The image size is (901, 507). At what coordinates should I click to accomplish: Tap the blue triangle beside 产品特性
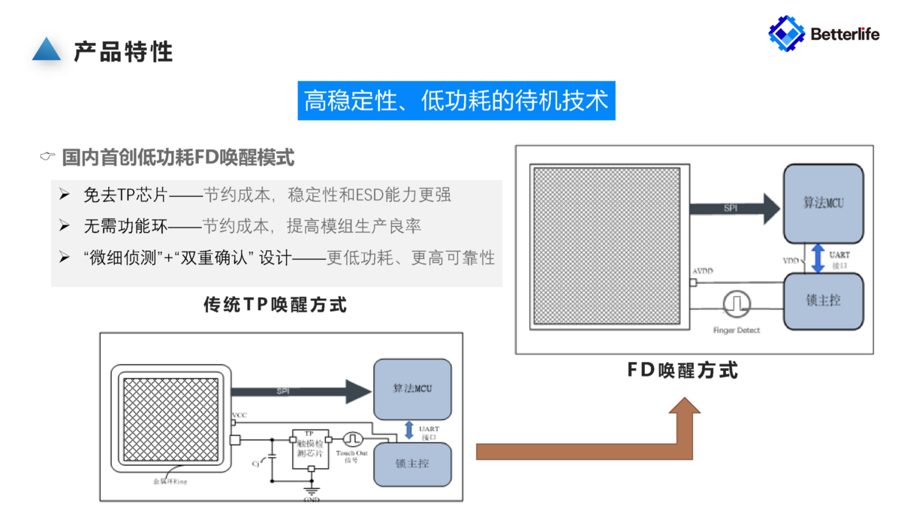47,50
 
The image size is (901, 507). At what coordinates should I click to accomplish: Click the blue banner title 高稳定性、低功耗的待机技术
456,101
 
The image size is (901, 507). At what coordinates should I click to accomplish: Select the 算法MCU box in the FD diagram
823,204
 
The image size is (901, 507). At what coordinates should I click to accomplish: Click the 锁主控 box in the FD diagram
823,300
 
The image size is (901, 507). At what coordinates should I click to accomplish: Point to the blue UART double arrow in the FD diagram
818,258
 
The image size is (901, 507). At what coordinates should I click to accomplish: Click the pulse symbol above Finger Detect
737,303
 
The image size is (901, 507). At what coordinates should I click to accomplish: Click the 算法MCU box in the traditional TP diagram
412,388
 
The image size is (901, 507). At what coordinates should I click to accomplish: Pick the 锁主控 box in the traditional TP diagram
412,463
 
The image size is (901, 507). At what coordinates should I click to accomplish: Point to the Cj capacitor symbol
272,456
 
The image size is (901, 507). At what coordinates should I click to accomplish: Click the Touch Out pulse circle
353,439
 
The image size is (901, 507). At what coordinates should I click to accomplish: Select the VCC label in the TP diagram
240,415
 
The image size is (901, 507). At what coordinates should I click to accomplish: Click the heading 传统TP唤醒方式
276,305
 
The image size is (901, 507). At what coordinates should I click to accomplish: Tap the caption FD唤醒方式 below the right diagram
683,370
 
